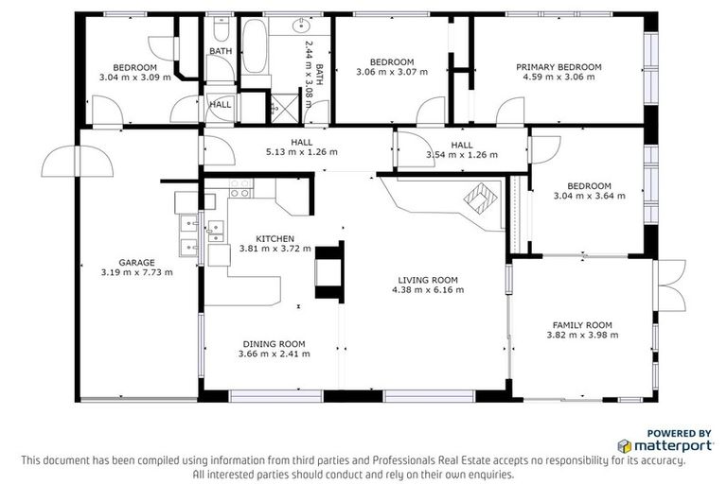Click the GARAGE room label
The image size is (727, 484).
[x=136, y=263]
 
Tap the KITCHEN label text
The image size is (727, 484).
[x=275, y=238]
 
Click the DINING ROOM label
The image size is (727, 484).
[x=274, y=343]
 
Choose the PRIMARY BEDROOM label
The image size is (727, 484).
[x=559, y=67]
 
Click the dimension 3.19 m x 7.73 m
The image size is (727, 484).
[x=136, y=273]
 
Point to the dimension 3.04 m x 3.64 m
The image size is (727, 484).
[x=582, y=197]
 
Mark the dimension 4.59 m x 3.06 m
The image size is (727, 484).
[x=559, y=78]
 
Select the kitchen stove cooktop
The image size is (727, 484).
[x=239, y=188]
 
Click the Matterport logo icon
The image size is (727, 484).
[x=625, y=444]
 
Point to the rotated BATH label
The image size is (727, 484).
[x=319, y=73]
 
